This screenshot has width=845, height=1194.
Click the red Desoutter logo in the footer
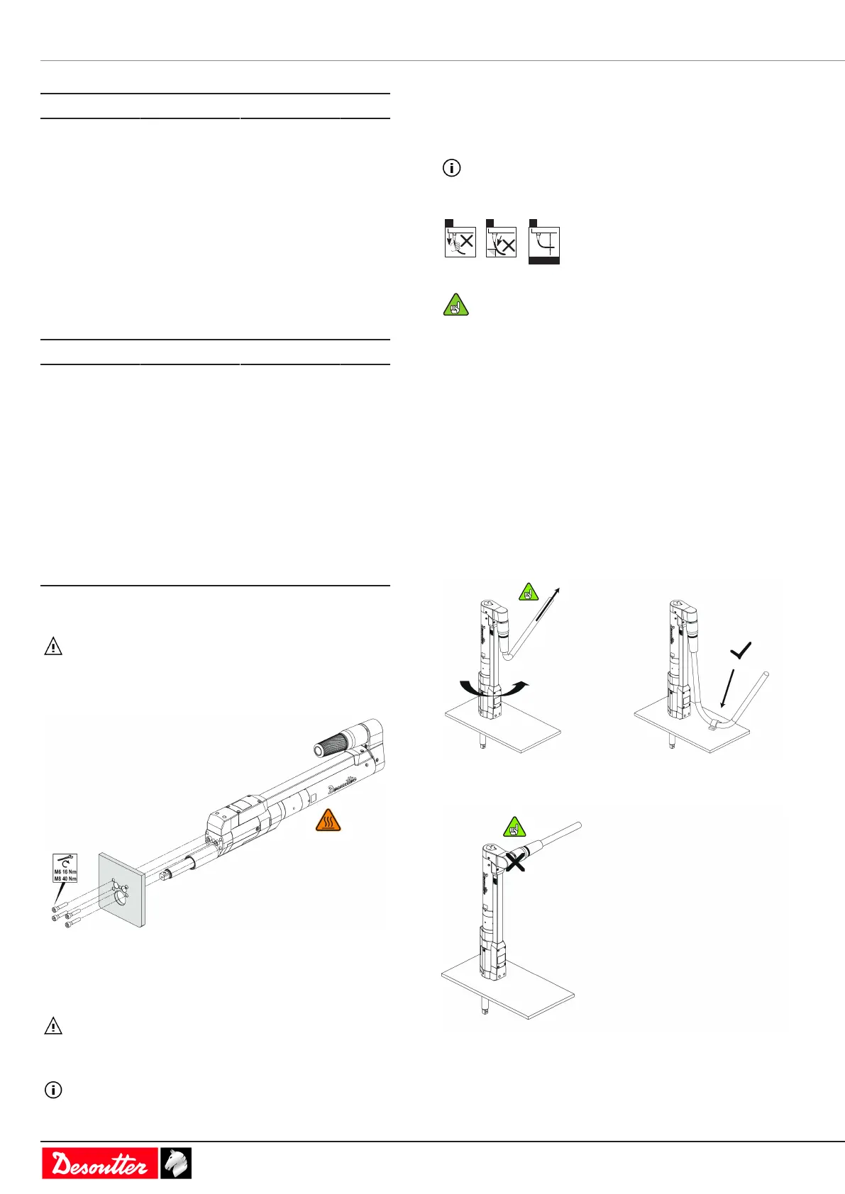coord(99,1163)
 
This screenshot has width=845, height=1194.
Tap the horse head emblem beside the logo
coord(175,1163)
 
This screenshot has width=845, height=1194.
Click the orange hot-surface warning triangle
coord(328,820)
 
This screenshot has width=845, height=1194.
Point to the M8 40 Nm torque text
coord(65,878)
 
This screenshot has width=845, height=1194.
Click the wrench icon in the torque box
coord(65,861)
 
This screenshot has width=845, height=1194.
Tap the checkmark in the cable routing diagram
coord(740,649)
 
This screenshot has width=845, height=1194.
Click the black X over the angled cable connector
coord(515,861)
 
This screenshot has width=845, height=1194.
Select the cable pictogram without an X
coord(544,242)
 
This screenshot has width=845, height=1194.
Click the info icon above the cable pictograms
coord(451,168)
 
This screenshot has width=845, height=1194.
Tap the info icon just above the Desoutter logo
coord(53,1089)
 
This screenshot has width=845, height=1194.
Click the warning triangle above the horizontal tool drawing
coord(53,647)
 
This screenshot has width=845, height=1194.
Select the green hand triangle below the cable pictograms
coord(456,306)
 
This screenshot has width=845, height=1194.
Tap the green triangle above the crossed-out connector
coord(514,827)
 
